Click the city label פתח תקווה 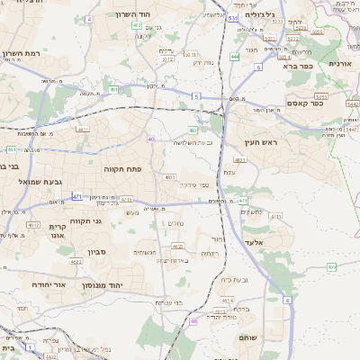(x=128, y=166)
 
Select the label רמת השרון (x=23, y=55)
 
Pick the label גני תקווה (x=85, y=220)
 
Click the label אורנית (x=339, y=64)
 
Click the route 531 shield (x=232, y=17)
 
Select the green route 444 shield (x=235, y=56)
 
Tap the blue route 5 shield (x=195, y=95)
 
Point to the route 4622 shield (x=76, y=262)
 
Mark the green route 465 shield (x=331, y=266)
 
